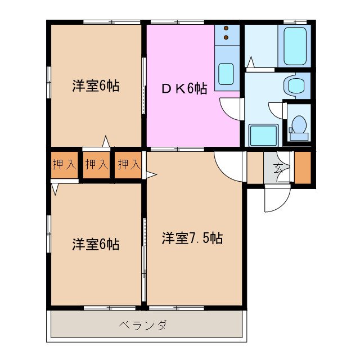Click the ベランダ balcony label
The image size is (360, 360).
click(143, 325)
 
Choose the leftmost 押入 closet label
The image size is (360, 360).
click(64, 165)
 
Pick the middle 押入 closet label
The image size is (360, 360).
click(96, 165)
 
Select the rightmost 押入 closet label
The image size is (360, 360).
click(129, 165)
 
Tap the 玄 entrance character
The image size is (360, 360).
click(278, 167)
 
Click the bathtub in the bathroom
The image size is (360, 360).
click(295, 46)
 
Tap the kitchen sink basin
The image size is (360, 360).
click(226, 73)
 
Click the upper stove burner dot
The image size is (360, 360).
click(226, 28)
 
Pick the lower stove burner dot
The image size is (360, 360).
click(226, 38)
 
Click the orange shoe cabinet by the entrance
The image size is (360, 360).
click(303, 167)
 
